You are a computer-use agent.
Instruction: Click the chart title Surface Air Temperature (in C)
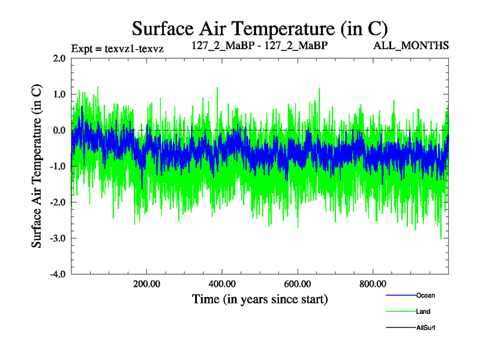[x=260, y=28]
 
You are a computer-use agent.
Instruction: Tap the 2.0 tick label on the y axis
[x=59, y=58]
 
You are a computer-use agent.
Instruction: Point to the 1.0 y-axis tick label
[x=59, y=94]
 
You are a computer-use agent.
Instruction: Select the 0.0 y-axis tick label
[x=59, y=130]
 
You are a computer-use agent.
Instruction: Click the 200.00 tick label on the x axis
[x=146, y=284]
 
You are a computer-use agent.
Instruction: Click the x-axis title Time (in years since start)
[x=260, y=298]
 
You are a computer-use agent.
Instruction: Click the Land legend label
[x=423, y=311]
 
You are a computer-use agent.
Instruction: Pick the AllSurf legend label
[x=425, y=328]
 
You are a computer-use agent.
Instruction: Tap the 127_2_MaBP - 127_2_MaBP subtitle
[x=260, y=46]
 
